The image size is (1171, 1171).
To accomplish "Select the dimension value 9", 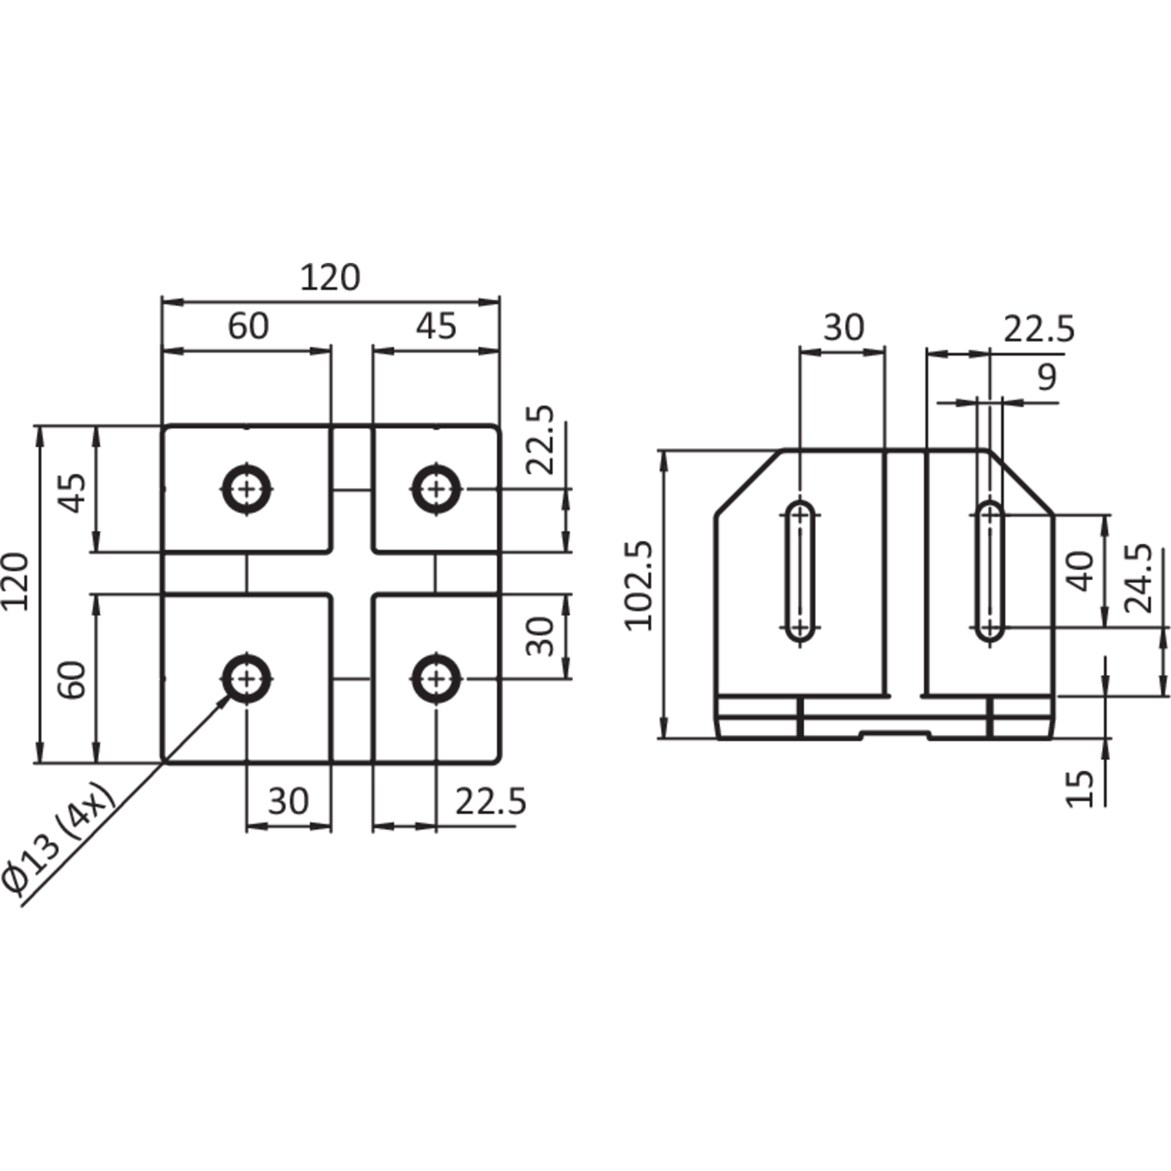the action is tap(1047, 378).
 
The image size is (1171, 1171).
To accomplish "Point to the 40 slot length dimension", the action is tap(1082, 571).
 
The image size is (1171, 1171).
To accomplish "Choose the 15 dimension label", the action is tap(1081, 789).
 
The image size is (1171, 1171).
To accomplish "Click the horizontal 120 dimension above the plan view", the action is tap(331, 278).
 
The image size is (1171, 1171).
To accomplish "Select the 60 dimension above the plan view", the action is tap(248, 326).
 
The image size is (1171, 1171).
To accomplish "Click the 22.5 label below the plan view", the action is tap(490, 801).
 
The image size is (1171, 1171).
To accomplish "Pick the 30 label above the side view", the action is tap(844, 328).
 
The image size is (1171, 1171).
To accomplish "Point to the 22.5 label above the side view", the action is tap(1039, 329).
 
